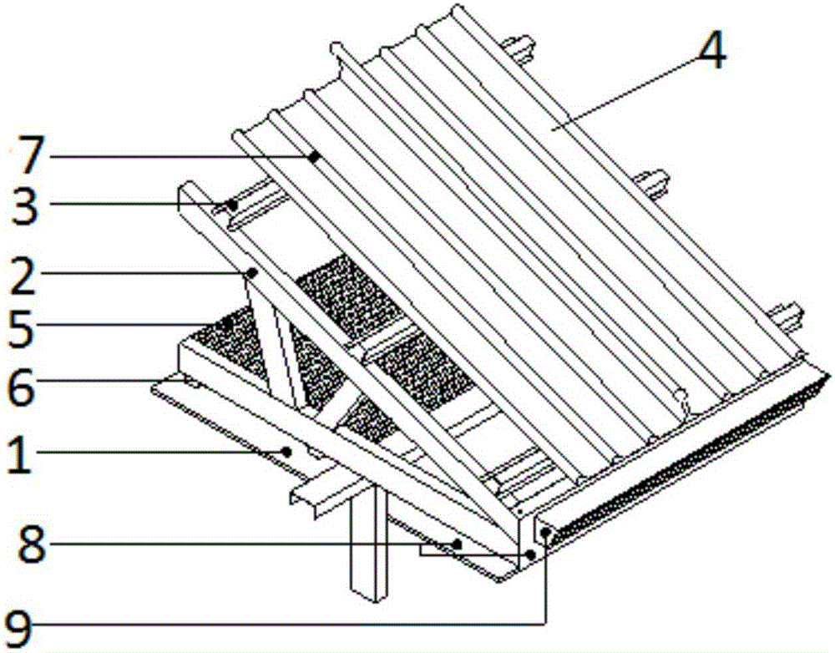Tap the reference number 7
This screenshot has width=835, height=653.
(27, 155)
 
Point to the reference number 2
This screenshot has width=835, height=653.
(23, 274)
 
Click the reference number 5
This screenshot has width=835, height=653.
(22, 326)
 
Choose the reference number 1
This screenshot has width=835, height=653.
(20, 453)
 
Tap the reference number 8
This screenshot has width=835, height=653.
(32, 544)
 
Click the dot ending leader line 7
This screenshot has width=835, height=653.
(315, 157)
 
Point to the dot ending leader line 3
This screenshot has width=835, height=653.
(232, 204)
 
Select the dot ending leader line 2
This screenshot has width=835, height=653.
(252, 273)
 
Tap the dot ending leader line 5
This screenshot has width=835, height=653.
(228, 323)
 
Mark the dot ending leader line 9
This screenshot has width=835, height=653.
(544, 532)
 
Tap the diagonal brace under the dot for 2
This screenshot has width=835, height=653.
(278, 342)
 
